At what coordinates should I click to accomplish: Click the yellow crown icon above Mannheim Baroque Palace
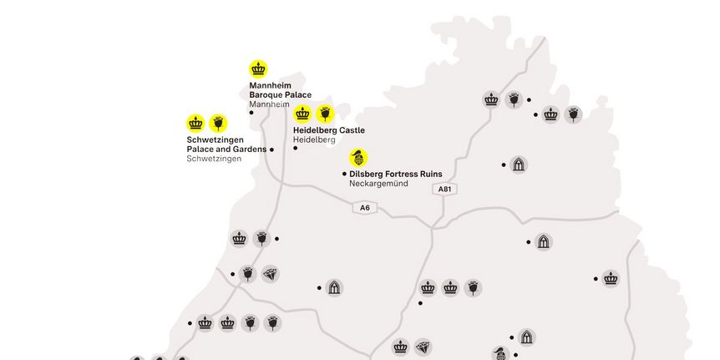tap(259, 69)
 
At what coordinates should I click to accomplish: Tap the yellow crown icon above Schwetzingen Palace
tap(195, 124)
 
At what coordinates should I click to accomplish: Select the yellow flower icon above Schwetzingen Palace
tap(218, 124)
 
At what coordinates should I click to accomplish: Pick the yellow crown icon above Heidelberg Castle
tap(302, 114)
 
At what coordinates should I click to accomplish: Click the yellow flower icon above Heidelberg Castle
tap(325, 114)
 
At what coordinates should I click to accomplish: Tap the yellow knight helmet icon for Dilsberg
tap(358, 158)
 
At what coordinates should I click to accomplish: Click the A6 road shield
tap(363, 207)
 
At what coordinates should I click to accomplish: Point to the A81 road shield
tap(445, 190)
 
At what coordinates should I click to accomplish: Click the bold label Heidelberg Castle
tap(329, 130)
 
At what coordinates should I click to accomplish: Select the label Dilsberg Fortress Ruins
tap(396, 174)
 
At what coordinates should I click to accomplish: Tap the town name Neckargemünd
tap(378, 184)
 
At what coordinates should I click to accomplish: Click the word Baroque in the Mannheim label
tap(266, 95)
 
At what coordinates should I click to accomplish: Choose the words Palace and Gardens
tap(226, 150)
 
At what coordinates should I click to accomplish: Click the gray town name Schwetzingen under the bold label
tap(214, 159)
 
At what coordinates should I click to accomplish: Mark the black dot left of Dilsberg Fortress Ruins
tap(344, 174)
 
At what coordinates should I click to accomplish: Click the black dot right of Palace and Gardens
tap(271, 150)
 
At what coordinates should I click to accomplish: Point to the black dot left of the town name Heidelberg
tap(295, 148)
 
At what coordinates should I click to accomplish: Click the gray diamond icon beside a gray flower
tap(270, 274)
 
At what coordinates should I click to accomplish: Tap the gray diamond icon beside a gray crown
tap(423, 347)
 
